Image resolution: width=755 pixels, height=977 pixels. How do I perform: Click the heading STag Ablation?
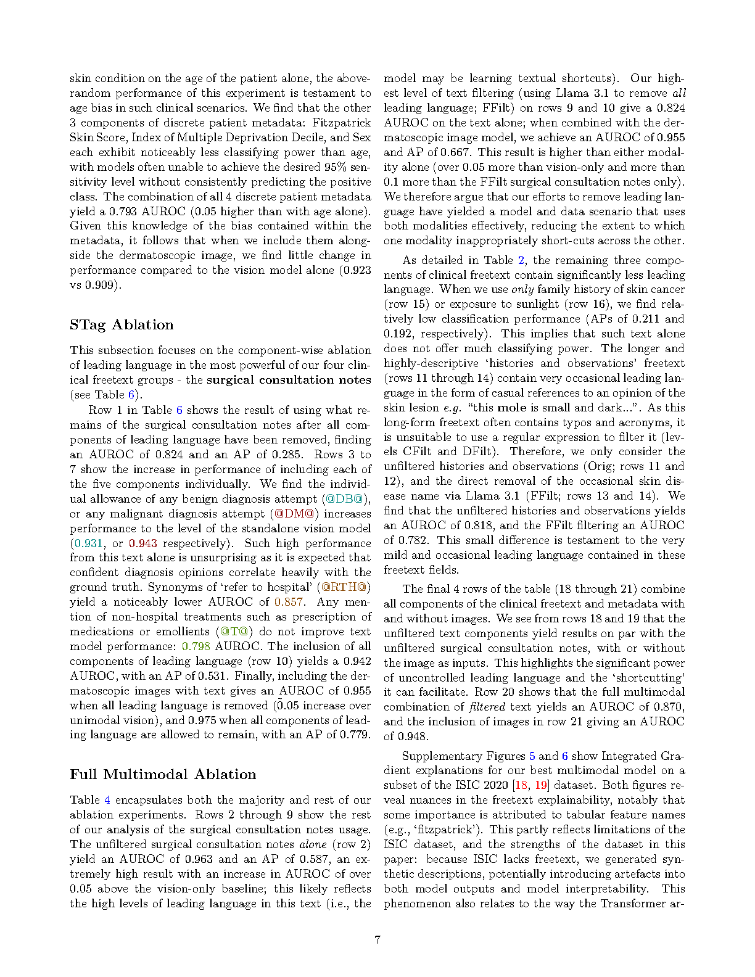[x=122, y=325]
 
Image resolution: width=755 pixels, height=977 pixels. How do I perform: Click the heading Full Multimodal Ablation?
[x=163, y=775]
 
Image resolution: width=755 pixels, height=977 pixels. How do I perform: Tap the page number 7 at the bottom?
[x=377, y=939]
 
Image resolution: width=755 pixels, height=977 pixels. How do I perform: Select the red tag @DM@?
[x=294, y=514]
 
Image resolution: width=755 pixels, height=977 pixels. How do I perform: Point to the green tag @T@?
[x=234, y=632]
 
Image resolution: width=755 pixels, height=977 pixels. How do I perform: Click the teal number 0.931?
[x=88, y=543]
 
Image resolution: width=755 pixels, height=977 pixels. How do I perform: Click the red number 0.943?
[x=142, y=543]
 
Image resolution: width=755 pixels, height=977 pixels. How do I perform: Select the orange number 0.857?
[x=289, y=602]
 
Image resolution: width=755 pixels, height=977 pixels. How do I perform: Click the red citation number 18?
[x=521, y=785]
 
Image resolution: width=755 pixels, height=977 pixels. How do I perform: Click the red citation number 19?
[x=541, y=785]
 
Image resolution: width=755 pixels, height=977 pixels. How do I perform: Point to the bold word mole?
[x=511, y=408]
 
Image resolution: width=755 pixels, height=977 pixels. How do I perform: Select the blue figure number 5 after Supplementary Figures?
[x=532, y=756]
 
